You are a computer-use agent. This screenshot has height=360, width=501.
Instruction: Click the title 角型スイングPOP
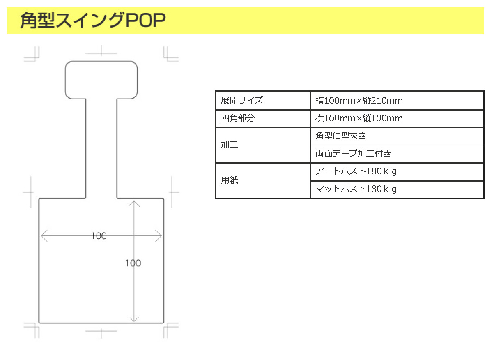[93, 21]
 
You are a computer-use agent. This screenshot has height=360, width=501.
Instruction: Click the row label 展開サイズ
[242, 100]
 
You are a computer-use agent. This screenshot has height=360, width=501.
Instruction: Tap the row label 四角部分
[238, 118]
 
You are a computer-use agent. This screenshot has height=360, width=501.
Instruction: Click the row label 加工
[230, 145]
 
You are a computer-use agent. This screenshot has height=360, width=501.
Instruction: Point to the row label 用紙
[230, 180]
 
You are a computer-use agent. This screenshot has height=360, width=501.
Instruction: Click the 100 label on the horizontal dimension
[99, 236]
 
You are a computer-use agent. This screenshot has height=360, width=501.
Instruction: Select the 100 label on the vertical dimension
[133, 263]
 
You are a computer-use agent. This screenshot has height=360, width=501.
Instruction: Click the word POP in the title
[146, 21]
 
